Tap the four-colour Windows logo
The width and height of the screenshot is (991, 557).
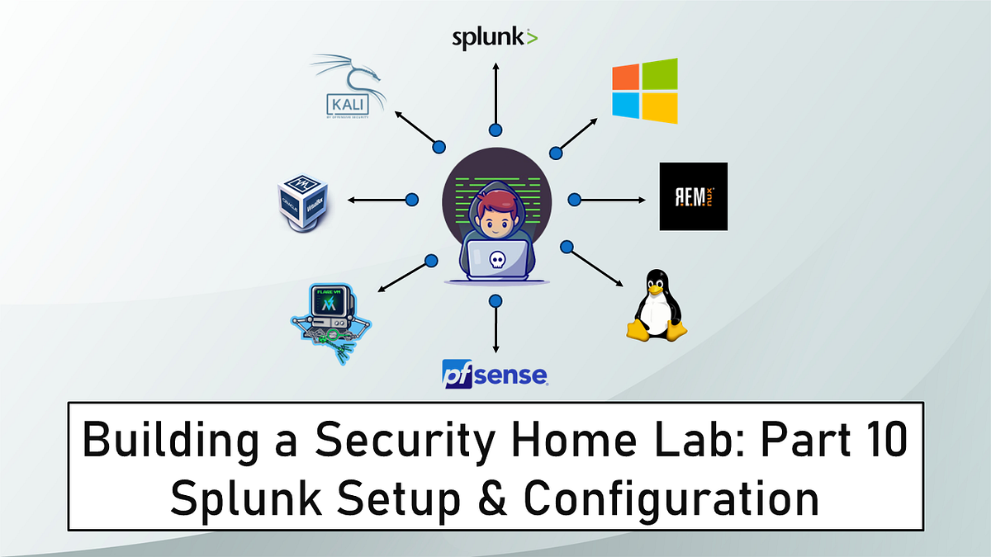[x=644, y=90]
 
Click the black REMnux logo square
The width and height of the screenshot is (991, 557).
[x=693, y=196]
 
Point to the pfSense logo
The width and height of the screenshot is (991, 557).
[x=495, y=373]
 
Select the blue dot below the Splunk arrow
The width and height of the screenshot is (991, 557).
[x=495, y=130]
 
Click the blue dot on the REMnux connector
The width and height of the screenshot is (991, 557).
[x=575, y=199]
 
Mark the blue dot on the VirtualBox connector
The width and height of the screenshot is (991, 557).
[x=412, y=199]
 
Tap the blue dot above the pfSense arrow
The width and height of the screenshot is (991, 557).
[x=495, y=300]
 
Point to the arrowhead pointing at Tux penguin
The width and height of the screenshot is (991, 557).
[x=620, y=283]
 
